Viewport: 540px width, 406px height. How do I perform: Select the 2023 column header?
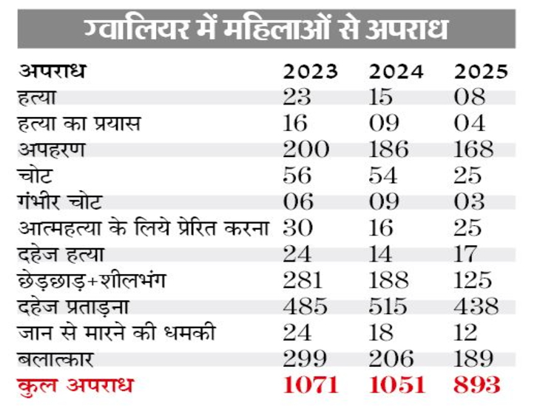coord(311,72)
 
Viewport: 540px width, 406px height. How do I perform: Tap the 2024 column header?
coord(396,72)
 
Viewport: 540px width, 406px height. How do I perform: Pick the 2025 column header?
coord(481,72)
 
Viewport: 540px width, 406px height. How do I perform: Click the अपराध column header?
coord(53,72)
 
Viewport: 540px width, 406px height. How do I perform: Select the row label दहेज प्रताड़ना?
coord(72,307)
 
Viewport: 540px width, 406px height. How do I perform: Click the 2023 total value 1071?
coord(311,386)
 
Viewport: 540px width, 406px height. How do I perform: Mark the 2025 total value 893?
coord(477,386)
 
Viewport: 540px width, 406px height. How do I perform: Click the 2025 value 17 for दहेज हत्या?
coord(468,254)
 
